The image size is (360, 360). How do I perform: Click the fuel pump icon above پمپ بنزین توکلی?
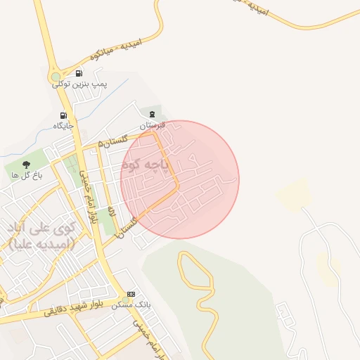[77, 73]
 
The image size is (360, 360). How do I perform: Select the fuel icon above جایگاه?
[63, 115]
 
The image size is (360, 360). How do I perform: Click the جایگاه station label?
[63, 126]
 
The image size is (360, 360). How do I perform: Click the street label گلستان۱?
[128, 222]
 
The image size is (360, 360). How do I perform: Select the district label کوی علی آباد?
[41, 229]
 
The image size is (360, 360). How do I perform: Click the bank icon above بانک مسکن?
[131, 294]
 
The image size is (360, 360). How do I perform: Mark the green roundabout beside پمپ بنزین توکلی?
[56, 77]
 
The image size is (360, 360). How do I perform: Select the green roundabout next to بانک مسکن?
[126, 300]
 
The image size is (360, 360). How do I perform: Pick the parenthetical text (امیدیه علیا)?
[41, 243]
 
